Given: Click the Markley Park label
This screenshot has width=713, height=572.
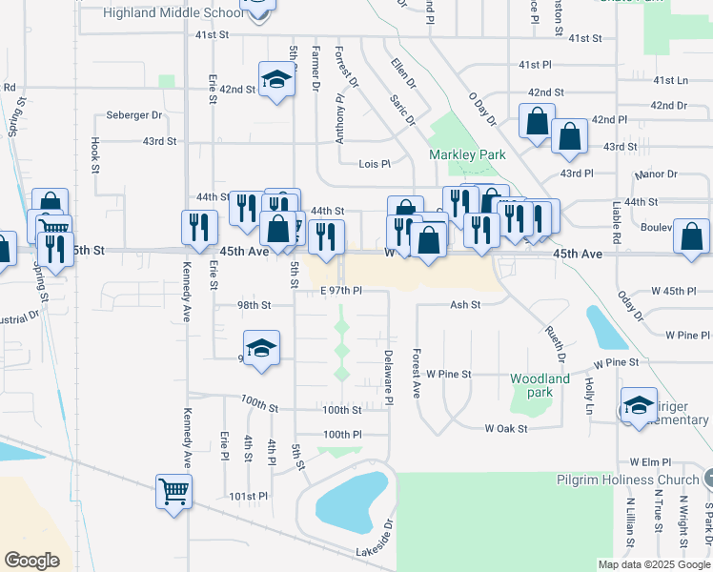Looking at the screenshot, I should pyautogui.click(x=466, y=154).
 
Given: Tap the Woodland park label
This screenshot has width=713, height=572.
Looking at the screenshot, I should pyautogui.click(x=540, y=385).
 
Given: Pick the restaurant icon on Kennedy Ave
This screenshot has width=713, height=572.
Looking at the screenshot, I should pyautogui.click(x=198, y=227).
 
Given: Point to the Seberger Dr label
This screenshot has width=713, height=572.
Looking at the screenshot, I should pyautogui.click(x=134, y=115).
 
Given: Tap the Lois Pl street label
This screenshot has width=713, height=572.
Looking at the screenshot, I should pyautogui.click(x=375, y=164).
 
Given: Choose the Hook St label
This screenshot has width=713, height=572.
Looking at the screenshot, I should pyautogui.click(x=95, y=150).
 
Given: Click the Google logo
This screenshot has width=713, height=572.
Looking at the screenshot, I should pyautogui.click(x=32, y=560).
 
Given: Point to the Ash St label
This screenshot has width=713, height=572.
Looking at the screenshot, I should pyautogui.click(x=464, y=305).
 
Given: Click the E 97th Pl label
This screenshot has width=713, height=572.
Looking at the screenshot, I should pyautogui.click(x=341, y=290).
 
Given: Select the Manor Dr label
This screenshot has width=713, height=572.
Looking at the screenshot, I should pyautogui.click(x=659, y=174).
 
